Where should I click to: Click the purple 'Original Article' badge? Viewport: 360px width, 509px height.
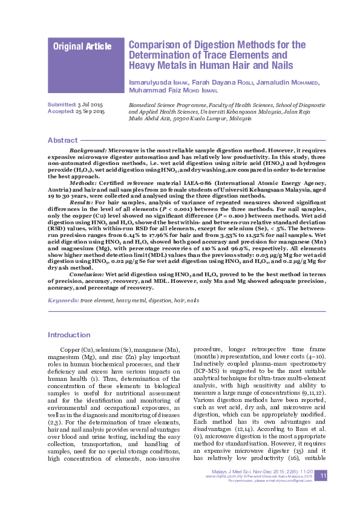point(82,47)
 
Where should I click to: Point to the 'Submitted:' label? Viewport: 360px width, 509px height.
point(62,105)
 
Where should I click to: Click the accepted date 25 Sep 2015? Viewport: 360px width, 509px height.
point(91,112)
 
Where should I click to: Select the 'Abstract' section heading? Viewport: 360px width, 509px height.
point(62,140)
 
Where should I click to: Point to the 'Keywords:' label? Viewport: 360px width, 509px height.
point(63,300)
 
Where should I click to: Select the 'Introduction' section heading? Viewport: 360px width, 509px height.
point(69,335)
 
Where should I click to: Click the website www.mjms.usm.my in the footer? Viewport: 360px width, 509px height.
point(221,477)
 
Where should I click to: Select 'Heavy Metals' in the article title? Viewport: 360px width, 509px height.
point(159,65)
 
